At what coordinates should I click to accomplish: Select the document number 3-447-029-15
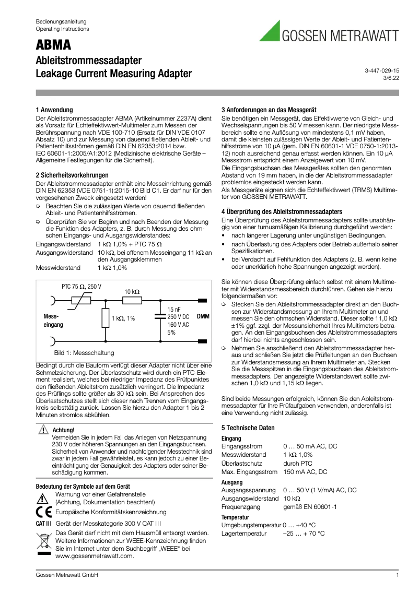coord(381,70)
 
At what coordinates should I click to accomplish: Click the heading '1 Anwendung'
coord(54,110)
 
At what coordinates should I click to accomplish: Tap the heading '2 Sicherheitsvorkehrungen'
coord(72,175)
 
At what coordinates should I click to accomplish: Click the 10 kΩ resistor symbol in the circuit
coord(132,300)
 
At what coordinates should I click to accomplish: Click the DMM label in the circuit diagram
coord(203,316)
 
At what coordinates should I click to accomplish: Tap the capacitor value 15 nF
coord(174,310)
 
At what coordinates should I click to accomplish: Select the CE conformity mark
coord(44,512)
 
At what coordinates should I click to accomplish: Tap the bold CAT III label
coord(44,523)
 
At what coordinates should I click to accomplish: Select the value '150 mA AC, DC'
coord(305,471)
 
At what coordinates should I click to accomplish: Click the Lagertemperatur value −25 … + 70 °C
coord(304,534)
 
